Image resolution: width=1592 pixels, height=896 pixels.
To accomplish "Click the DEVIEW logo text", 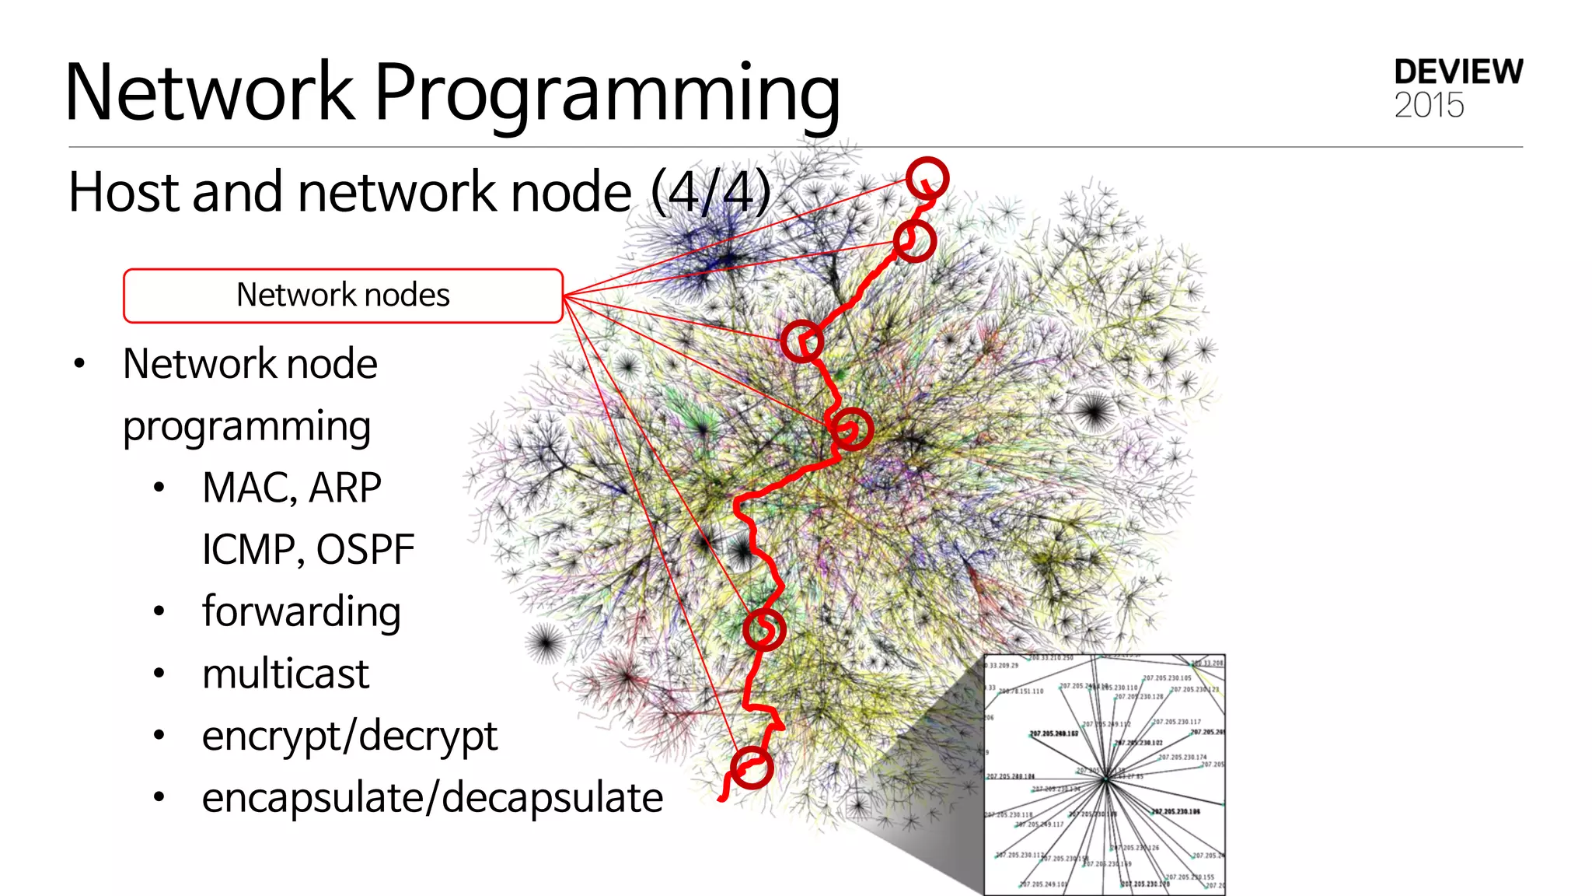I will click(1458, 72).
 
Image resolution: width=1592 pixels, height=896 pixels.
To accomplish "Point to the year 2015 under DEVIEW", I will click(1429, 106).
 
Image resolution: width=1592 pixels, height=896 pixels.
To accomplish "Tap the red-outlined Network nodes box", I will click(343, 296).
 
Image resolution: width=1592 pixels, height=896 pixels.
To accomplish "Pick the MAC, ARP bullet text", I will click(292, 488).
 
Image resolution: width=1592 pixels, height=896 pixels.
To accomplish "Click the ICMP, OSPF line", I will click(308, 550).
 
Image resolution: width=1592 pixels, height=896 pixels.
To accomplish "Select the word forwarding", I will click(301, 612).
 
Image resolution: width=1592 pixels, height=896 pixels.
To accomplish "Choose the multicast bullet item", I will click(285, 674).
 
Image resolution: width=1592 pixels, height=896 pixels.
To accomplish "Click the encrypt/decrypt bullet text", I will click(349, 736).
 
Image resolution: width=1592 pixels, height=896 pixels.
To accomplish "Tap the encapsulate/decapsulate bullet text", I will click(432, 798).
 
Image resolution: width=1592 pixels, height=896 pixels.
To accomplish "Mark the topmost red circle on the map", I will click(927, 178).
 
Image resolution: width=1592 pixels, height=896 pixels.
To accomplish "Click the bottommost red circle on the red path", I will click(752, 768).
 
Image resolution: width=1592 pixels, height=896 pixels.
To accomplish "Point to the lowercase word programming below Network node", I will click(246, 426).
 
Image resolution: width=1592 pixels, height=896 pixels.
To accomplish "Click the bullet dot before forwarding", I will click(159, 611).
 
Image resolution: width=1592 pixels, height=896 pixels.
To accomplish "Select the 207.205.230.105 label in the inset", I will click(1167, 678).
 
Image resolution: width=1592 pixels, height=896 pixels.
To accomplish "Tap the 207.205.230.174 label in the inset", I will click(1182, 757).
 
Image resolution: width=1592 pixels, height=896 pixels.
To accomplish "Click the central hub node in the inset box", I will click(1105, 778).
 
